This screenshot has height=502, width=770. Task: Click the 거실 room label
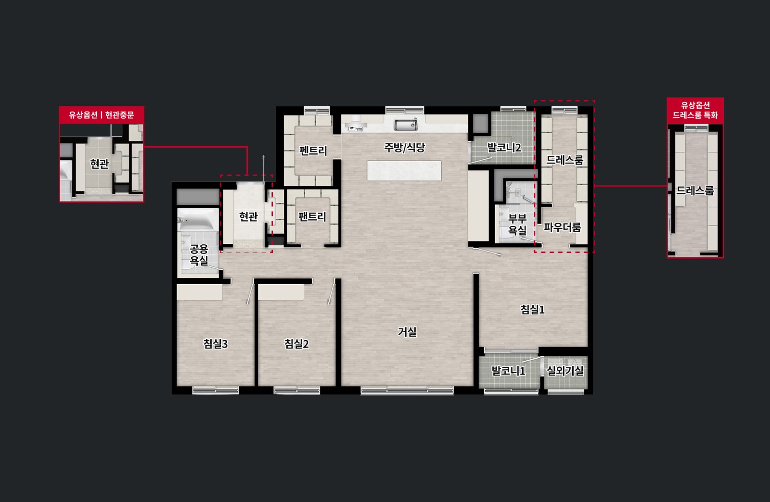coord(407,332)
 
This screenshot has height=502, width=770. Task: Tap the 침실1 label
coord(532,310)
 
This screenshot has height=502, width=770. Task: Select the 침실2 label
coord(296,344)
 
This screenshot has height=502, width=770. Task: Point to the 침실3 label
coord(216,344)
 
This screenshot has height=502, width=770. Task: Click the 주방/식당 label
coord(405,147)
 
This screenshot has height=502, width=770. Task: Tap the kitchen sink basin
coord(406,125)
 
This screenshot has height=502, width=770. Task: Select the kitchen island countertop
coord(404,171)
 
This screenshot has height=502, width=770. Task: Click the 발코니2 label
coord(504,148)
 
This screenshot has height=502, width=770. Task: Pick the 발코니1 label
coord(508,371)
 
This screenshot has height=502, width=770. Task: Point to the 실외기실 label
coord(565,371)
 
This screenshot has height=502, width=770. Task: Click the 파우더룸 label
coord(563,227)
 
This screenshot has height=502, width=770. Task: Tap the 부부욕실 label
coord(517,224)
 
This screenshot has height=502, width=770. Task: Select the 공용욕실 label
coord(199,255)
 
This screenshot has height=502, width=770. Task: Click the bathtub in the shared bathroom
coord(198,219)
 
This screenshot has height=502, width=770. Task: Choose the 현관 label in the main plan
coord(248,216)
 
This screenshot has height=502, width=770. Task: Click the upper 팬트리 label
coord(313,151)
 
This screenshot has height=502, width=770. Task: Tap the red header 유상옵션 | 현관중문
coord(102,115)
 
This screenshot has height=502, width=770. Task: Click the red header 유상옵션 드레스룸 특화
coord(695,110)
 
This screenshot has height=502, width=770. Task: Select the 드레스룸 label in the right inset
coord(695,190)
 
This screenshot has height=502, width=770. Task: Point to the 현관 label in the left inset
coord(99,164)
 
